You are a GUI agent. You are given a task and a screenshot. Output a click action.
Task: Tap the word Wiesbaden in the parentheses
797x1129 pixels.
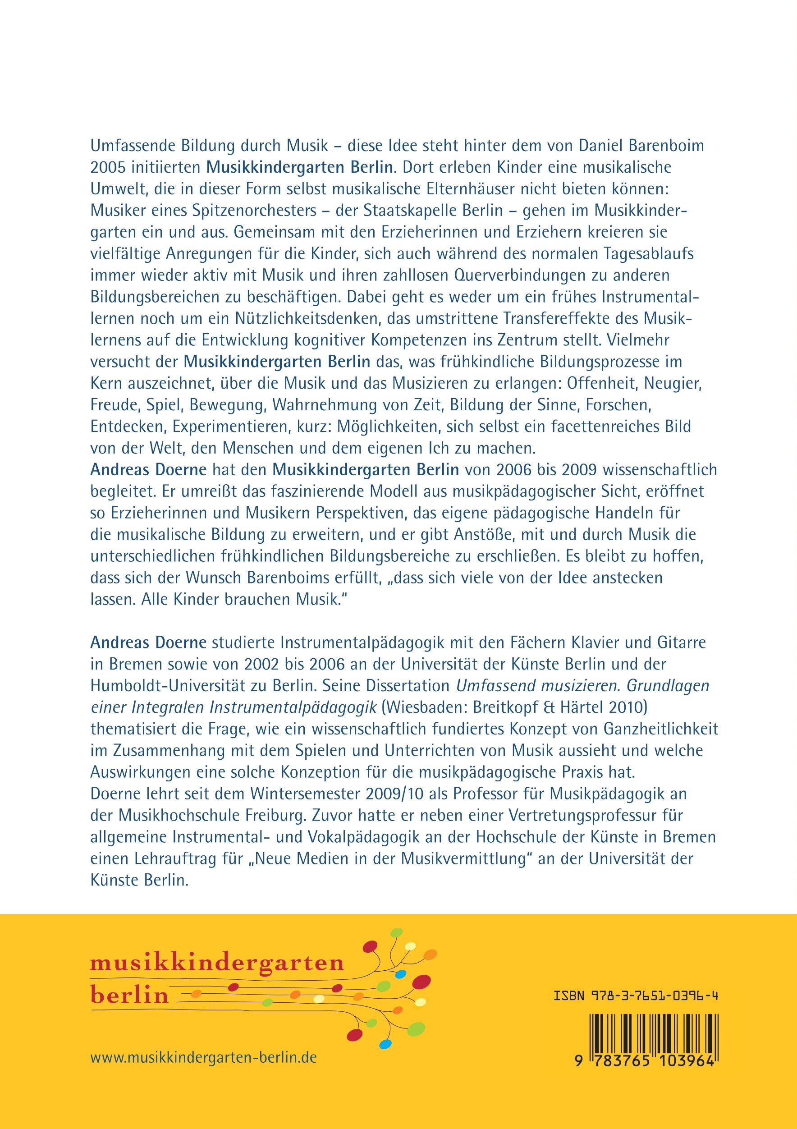point(424,707)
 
